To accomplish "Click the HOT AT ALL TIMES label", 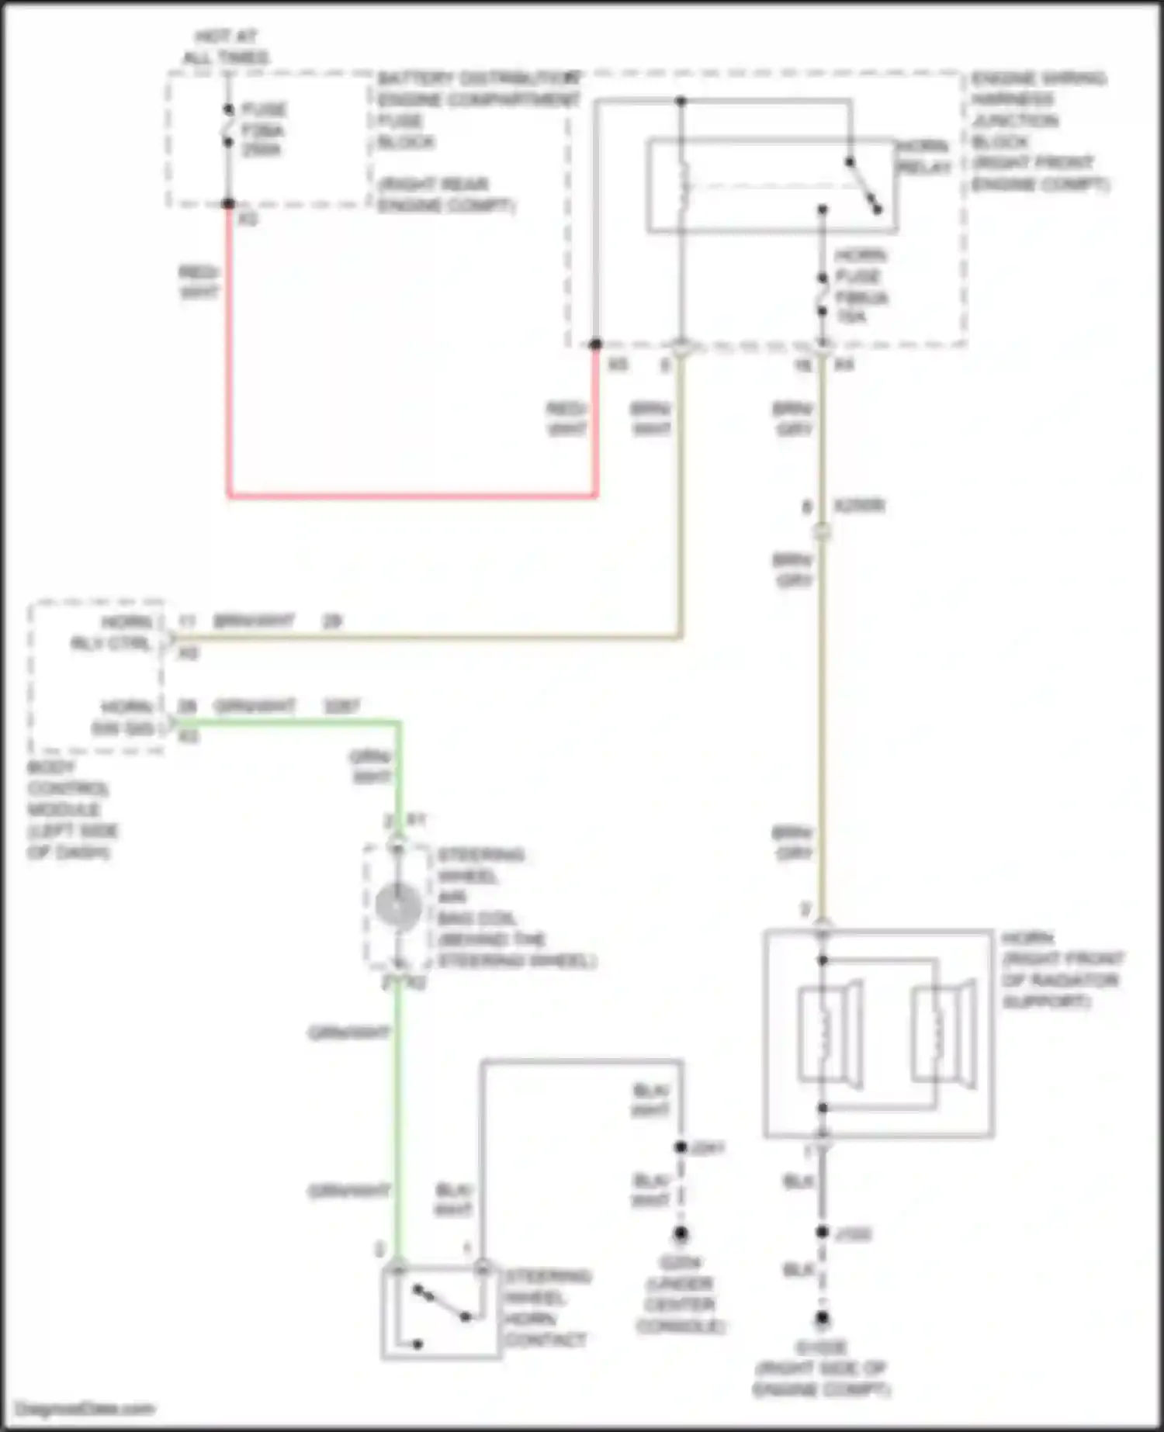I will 226,47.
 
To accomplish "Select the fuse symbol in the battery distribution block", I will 229,126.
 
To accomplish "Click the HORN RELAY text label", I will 923,157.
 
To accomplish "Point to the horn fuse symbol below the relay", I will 823,294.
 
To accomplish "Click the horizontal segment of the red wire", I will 411,495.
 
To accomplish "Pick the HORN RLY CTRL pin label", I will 113,632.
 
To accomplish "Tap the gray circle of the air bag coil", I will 398,905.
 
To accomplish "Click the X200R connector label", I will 859,506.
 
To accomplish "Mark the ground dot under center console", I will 681,1233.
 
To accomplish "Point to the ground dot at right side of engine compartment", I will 822,1318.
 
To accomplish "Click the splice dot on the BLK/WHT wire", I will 681,1147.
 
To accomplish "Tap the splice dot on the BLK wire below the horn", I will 822,1233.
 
